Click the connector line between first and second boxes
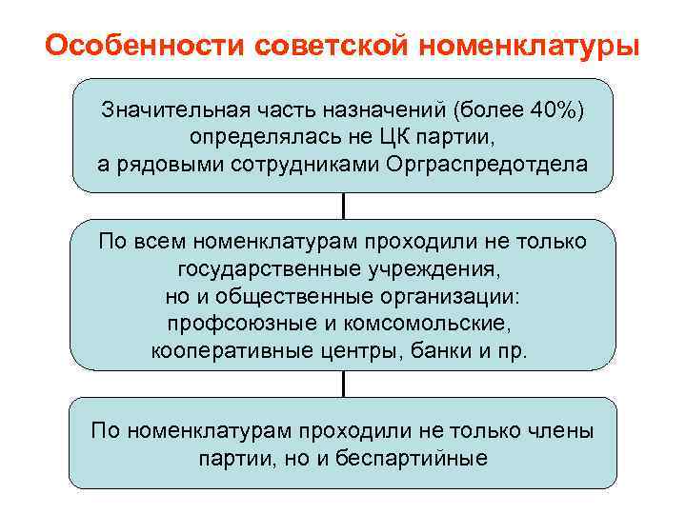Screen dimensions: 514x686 343,206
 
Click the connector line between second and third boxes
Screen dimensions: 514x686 343,384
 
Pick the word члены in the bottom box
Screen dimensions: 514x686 560,430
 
